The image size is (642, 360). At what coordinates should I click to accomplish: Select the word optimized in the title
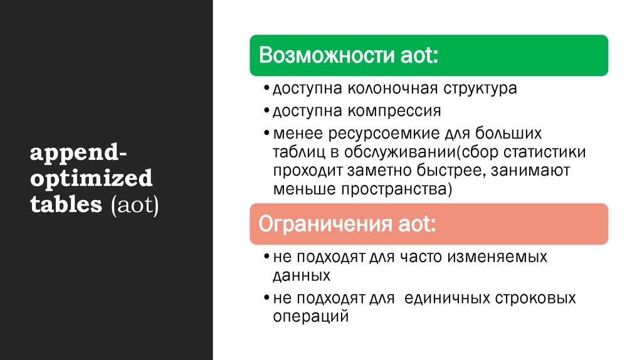click(92, 179)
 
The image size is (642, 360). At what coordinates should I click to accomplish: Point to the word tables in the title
click(67, 205)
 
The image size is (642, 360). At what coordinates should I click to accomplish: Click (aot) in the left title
click(135, 205)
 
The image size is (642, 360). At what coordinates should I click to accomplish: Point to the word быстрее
click(451, 171)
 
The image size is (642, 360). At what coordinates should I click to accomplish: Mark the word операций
click(310, 317)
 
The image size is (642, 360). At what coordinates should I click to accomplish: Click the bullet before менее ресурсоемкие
click(267, 134)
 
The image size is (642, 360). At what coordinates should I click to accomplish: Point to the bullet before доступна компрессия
click(267, 112)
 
